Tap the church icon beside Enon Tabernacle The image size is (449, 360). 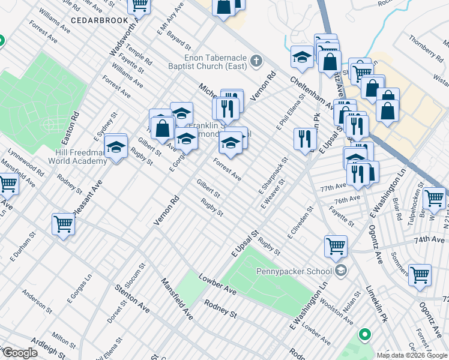tap(256, 60)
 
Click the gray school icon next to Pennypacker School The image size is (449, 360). tap(341, 270)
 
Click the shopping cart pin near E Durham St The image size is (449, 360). tap(63, 224)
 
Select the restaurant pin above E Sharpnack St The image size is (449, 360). tap(305, 139)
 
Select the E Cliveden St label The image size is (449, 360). tap(301, 224)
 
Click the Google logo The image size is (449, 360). tap(20, 353)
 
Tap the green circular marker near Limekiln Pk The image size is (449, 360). tap(364, 334)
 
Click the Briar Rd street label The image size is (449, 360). tap(397, 211)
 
